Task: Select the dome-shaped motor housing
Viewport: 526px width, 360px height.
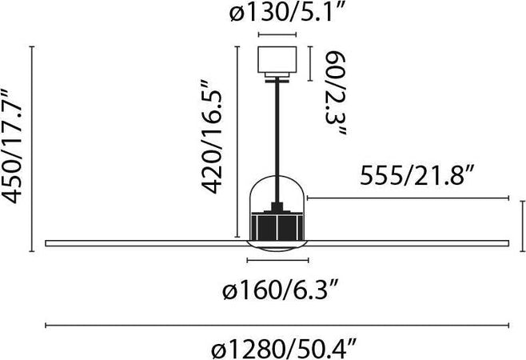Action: tap(277, 192)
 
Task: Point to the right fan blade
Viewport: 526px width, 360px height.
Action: tap(408, 241)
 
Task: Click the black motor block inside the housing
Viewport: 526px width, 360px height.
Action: tap(277, 226)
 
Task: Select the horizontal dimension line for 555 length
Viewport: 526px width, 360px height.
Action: tap(408, 198)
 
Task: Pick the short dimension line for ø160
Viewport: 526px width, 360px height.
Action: tap(277, 261)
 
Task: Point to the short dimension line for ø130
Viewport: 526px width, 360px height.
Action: tap(277, 35)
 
